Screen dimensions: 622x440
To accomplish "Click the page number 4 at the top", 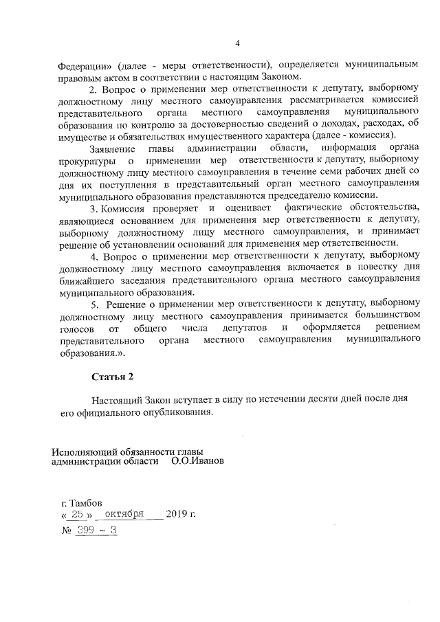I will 237,44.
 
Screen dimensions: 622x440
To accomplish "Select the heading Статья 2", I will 111,377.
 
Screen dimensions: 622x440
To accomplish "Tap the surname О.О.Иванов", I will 197,462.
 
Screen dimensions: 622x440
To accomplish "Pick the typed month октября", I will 124,514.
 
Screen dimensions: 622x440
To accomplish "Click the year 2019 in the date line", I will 177,514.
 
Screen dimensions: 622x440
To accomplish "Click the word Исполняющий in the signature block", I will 85,452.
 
